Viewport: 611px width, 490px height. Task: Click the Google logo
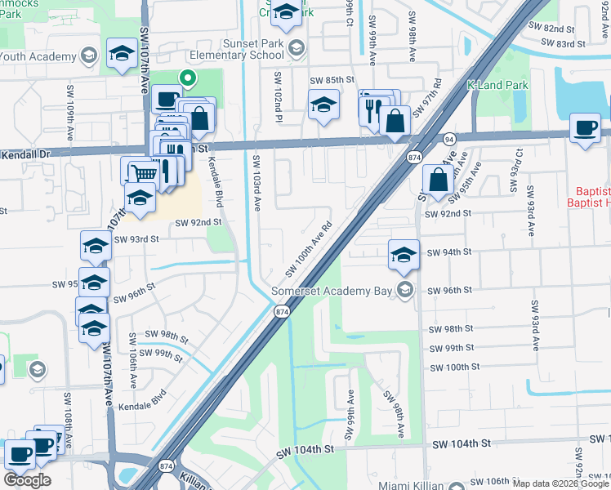click(28, 480)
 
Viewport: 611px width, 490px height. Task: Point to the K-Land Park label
click(497, 85)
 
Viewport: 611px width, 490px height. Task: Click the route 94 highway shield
click(449, 140)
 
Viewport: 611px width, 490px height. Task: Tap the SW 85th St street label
click(332, 81)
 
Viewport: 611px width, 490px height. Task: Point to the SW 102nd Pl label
click(279, 99)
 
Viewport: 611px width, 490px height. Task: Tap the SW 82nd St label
click(551, 28)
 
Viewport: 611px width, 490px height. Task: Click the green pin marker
click(187, 79)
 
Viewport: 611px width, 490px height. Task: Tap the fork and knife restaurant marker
click(372, 109)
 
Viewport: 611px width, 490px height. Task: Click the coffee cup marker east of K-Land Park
click(585, 128)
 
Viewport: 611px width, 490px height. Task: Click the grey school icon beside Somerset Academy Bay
click(404, 289)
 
